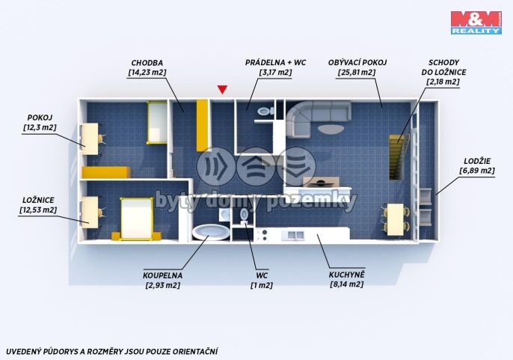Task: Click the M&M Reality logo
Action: pos(476,22)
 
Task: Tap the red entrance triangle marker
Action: pos(223,89)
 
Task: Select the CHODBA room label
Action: pos(147,63)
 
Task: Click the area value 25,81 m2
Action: pos(357,72)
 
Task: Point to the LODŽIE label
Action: pos(477,161)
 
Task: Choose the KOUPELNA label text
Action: pos(162,275)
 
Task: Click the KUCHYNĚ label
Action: pos(346,275)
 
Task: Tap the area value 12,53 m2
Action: pos(38,210)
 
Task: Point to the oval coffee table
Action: pos(331,129)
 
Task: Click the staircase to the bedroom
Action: pos(399,156)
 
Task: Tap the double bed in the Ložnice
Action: pos(136,219)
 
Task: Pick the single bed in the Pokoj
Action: pos(157,122)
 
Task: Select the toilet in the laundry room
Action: pos(265,112)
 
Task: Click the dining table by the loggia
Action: pos(395,219)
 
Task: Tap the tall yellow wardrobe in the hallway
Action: pos(202,126)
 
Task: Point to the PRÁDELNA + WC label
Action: pos(275,63)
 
